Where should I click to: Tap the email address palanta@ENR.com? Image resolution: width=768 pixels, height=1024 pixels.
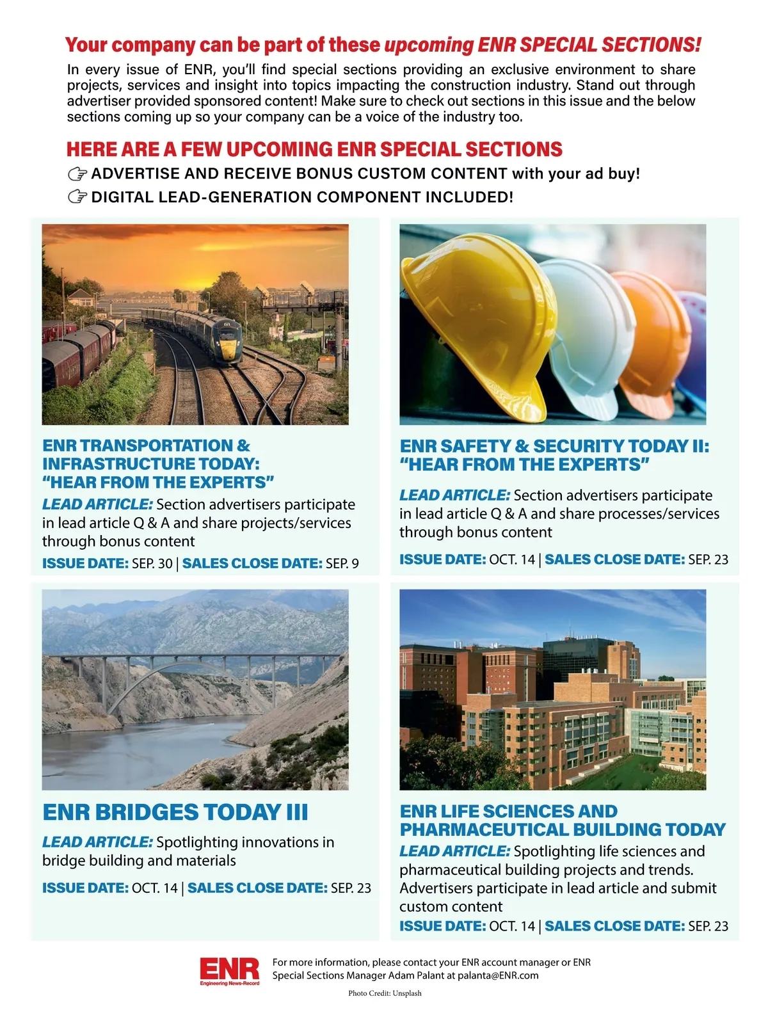pos(498,976)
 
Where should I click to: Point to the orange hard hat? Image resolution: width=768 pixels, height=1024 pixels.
pos(646,336)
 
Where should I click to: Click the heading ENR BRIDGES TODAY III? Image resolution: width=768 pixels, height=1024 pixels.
pos(175,812)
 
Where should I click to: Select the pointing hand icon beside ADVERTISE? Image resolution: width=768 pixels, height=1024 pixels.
pos(77,174)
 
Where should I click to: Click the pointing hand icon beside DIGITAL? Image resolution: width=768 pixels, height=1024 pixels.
pos(77,197)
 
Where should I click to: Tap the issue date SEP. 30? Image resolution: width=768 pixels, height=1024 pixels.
pos(152,564)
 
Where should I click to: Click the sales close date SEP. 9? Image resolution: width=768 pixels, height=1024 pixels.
pos(342,564)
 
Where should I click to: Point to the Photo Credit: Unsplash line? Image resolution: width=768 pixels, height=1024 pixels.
pos(385,993)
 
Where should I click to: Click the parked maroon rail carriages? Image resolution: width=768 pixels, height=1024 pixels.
pos(77,355)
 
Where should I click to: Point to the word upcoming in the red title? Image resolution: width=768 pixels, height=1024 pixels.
pos(428,45)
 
